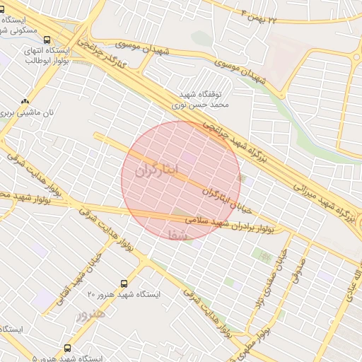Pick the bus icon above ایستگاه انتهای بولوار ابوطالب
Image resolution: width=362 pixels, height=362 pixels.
47,40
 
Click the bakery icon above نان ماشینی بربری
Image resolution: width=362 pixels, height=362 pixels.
26,101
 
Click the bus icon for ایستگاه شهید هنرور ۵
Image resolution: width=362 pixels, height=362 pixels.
68,349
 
